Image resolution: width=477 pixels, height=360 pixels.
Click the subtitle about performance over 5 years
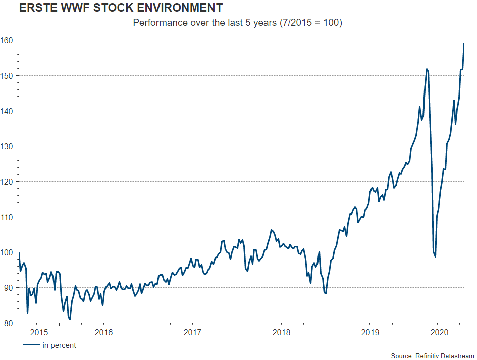[238, 23]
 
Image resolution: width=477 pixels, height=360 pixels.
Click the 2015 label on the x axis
[39, 333]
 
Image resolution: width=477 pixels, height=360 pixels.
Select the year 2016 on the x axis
[103, 333]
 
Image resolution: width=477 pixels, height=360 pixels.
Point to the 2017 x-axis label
[192, 333]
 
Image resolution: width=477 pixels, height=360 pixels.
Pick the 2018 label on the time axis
[281, 333]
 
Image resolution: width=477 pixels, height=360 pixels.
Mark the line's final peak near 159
[464, 44]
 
